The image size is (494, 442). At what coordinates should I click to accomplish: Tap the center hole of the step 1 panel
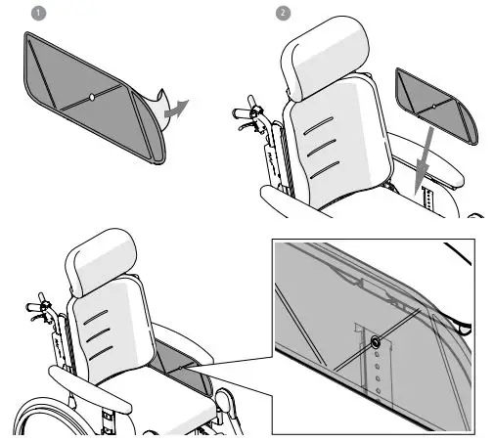[91, 96]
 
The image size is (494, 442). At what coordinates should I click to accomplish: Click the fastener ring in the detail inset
[376, 341]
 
